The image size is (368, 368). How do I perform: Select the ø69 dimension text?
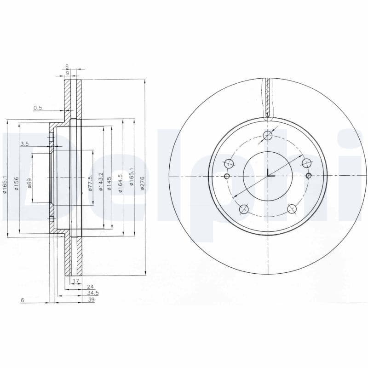click(x=29, y=184)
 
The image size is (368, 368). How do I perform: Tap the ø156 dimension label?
click(x=16, y=183)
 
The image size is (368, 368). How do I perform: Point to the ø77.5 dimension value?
click(x=90, y=183)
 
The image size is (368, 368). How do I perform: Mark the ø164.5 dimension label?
click(x=121, y=183)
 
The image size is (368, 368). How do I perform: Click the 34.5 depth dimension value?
click(x=93, y=293)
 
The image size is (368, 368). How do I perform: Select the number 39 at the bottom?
click(x=91, y=299)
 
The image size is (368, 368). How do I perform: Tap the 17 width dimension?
click(x=76, y=280)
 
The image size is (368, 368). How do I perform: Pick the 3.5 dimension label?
click(x=24, y=144)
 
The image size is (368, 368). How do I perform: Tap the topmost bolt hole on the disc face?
click(x=268, y=135)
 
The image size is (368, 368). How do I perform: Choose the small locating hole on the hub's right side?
click(x=309, y=175)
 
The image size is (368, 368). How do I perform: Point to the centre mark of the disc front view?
click(x=268, y=176)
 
